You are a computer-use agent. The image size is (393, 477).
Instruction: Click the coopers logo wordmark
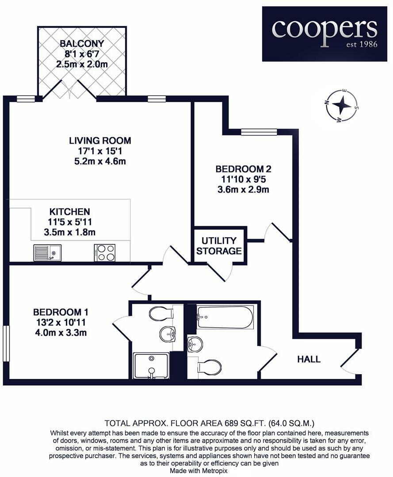(324, 29)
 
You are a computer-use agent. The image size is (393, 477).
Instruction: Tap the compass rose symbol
(341, 106)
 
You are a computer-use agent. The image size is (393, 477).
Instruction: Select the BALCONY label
(82, 44)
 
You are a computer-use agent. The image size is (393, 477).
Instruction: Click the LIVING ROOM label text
(100, 141)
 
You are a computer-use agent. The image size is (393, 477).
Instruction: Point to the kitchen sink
(47, 253)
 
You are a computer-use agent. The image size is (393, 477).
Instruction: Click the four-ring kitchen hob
(104, 253)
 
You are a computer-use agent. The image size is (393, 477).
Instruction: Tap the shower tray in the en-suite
(151, 365)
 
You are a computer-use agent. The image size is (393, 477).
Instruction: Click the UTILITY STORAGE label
(219, 246)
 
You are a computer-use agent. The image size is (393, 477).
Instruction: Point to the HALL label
(309, 359)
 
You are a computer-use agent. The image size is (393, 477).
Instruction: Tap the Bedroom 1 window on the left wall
(6, 344)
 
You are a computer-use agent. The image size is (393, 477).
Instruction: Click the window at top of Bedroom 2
(259, 132)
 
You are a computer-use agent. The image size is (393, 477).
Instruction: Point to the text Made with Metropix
(196, 471)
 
